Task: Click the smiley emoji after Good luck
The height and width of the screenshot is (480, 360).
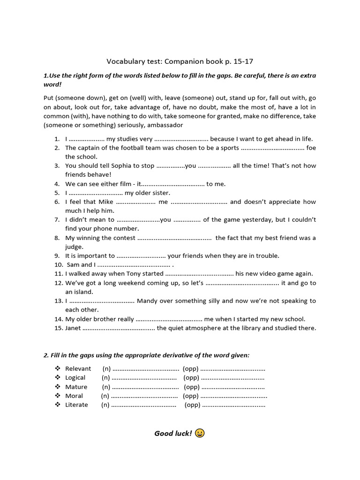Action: point(199,433)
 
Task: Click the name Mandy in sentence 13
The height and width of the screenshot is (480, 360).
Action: point(148,300)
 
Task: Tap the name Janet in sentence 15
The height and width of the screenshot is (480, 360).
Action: point(73,328)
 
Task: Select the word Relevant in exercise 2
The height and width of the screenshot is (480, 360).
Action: point(78,368)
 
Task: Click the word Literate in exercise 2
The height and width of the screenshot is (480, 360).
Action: point(76,405)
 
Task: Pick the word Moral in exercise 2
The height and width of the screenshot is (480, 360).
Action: point(74,396)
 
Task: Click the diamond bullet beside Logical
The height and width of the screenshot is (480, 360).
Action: point(57,377)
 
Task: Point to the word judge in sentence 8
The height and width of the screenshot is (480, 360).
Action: point(74,247)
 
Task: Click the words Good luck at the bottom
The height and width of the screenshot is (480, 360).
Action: point(173,433)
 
